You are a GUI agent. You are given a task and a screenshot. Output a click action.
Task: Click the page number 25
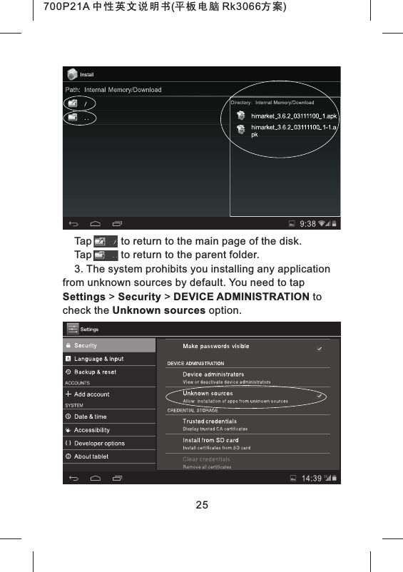[202, 505]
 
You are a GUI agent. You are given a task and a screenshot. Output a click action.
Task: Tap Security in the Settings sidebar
[86, 346]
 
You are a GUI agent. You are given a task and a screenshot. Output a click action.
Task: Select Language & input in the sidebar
[98, 359]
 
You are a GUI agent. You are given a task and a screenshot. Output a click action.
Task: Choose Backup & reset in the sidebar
[95, 372]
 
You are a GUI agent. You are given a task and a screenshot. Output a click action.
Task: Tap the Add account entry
[91, 394]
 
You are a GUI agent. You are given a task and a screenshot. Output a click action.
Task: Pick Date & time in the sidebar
[90, 417]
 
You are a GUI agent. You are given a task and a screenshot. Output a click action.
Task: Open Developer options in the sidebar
[99, 443]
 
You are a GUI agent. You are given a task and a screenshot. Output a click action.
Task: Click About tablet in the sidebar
[91, 456]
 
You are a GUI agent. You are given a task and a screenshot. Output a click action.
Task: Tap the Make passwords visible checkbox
[320, 349]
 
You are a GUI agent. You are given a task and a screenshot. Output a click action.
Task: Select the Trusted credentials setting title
[210, 422]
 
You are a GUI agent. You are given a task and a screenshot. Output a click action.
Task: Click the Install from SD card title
[210, 441]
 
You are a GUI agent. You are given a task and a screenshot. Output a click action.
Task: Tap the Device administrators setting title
[213, 374]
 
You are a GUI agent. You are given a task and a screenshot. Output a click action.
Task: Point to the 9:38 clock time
[308, 223]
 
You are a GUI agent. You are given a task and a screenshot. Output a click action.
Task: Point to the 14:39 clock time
[311, 478]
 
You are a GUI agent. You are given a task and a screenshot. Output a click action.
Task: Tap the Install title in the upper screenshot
[86, 75]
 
